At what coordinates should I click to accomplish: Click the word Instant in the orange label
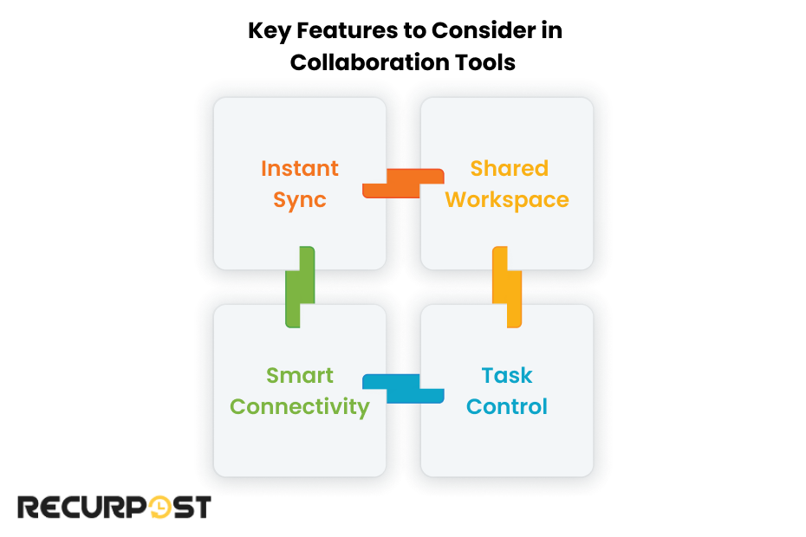coord(300,168)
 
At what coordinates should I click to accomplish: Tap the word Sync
coord(300,199)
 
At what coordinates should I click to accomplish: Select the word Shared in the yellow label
coord(509,168)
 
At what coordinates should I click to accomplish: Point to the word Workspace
coord(507,199)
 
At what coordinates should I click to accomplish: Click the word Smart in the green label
coord(300,375)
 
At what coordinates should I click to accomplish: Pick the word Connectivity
coord(300,406)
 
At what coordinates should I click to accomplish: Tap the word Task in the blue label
coord(507,375)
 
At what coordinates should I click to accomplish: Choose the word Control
coord(507,406)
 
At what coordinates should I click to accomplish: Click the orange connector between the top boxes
coord(403,183)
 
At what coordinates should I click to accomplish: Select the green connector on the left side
coord(299,287)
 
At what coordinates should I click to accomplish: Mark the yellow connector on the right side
coord(507,287)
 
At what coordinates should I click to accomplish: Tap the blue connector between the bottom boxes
coord(403,389)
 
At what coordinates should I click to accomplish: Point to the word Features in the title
coord(345,31)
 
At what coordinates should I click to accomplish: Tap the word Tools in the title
coord(490,62)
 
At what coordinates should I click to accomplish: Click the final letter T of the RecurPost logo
coord(201,507)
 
